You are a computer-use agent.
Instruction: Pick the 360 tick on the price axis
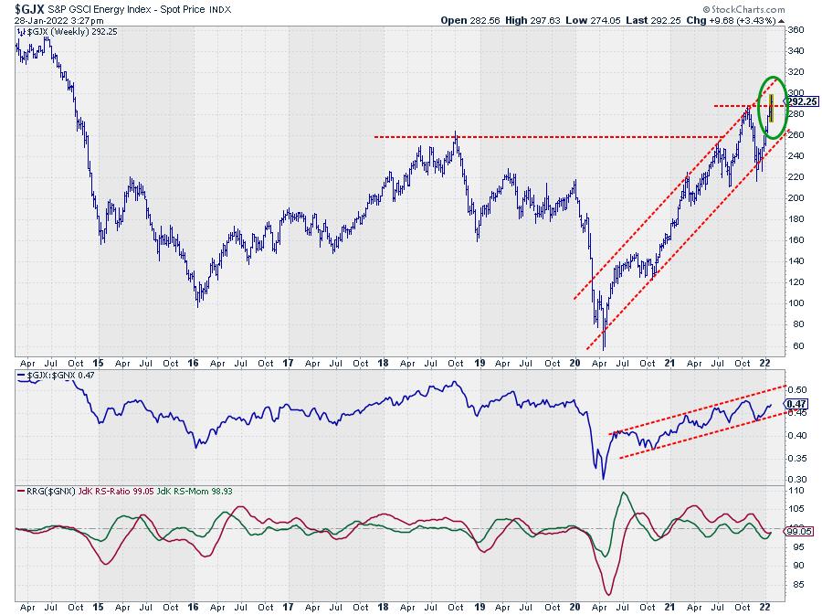coord(797,30)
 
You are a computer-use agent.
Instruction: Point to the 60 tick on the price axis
coord(795,346)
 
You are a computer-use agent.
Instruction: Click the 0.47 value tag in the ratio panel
coord(796,403)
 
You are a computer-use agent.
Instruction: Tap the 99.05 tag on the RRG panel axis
coord(800,529)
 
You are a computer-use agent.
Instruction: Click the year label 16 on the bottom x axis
coord(194,606)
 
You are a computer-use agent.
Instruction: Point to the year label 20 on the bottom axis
coord(574,606)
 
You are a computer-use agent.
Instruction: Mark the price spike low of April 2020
coord(603,348)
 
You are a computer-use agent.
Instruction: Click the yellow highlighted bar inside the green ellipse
coord(772,108)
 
